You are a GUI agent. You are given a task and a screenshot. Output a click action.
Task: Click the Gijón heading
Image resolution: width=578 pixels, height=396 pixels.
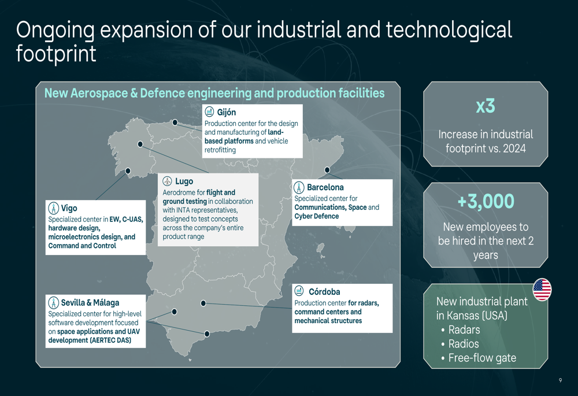pyautogui.click(x=227, y=112)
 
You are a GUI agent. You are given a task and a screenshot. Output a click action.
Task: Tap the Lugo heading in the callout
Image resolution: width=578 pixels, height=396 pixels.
pyautogui.click(x=184, y=182)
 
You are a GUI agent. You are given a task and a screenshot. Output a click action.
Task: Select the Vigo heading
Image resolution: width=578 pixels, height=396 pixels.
pyautogui.click(x=69, y=208)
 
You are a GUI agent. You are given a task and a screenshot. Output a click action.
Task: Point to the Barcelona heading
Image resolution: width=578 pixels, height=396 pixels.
pyautogui.click(x=325, y=187)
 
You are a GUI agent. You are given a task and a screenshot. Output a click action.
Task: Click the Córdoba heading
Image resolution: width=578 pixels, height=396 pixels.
pyautogui.click(x=324, y=292)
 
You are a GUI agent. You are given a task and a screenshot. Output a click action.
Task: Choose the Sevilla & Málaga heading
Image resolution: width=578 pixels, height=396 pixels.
pyautogui.click(x=90, y=303)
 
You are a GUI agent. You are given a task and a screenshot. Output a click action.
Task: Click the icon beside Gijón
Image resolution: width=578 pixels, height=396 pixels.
pyautogui.click(x=209, y=112)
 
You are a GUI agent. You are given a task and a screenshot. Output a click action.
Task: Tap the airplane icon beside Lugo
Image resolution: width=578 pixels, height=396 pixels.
pyautogui.click(x=168, y=181)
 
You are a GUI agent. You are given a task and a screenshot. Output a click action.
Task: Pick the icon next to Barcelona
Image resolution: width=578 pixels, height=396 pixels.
pyautogui.click(x=299, y=188)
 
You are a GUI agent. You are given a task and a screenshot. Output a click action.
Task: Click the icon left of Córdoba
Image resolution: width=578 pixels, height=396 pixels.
pyautogui.click(x=299, y=291)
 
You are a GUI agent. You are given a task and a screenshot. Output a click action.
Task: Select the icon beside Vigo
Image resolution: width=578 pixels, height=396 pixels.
pyautogui.click(x=53, y=208)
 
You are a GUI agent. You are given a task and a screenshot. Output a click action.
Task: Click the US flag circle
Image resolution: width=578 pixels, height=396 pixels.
pyautogui.click(x=542, y=290)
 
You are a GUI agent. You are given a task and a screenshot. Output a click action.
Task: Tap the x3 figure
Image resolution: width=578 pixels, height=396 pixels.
pyautogui.click(x=486, y=106)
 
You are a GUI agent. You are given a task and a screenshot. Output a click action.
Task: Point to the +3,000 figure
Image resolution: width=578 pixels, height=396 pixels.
pyautogui.click(x=486, y=201)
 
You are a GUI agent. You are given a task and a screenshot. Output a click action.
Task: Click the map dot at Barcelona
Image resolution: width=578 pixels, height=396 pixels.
pyautogui.click(x=327, y=170)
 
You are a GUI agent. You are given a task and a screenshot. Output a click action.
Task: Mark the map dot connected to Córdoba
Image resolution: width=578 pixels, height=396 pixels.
pyautogui.click(x=203, y=303)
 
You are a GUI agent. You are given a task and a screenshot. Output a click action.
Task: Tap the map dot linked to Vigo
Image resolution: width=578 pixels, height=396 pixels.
pyautogui.click(x=128, y=171)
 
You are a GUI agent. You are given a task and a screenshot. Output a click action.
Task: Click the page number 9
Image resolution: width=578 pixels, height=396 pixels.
pyautogui.click(x=560, y=380)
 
